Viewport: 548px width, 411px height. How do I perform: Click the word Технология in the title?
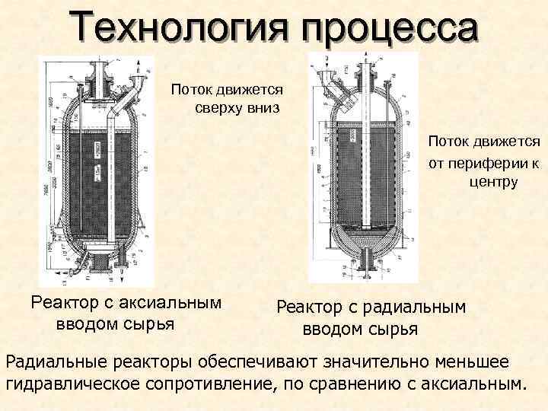point(180,29)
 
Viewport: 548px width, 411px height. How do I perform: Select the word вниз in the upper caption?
point(263,107)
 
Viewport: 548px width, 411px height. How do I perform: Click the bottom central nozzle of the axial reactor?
point(97,266)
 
